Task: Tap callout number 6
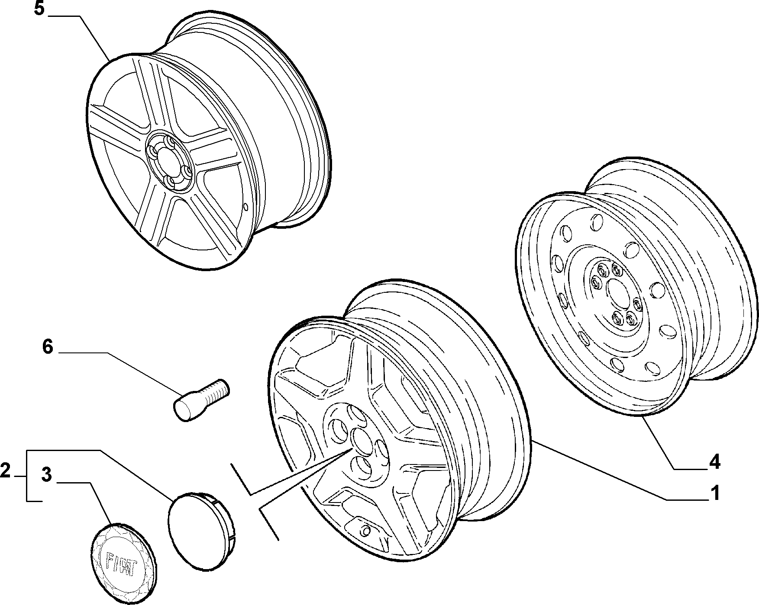[48, 347]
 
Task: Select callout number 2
[5, 471]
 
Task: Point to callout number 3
[47, 474]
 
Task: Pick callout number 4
[714, 462]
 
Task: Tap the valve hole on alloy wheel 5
[246, 207]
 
